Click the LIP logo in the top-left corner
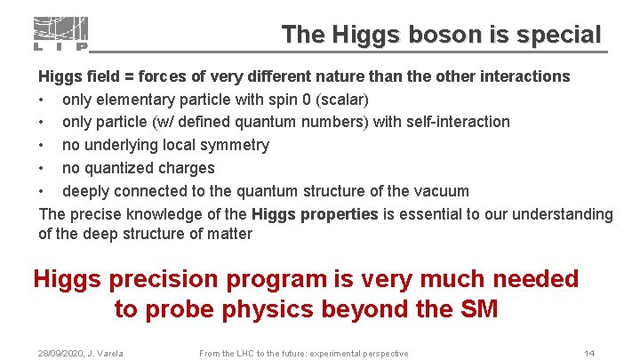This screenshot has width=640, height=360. (60, 34)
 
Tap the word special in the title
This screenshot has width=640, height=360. (555, 35)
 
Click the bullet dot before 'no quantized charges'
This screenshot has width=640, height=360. (43, 168)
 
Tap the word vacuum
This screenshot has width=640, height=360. (440, 191)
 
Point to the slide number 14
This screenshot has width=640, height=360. (588, 354)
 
